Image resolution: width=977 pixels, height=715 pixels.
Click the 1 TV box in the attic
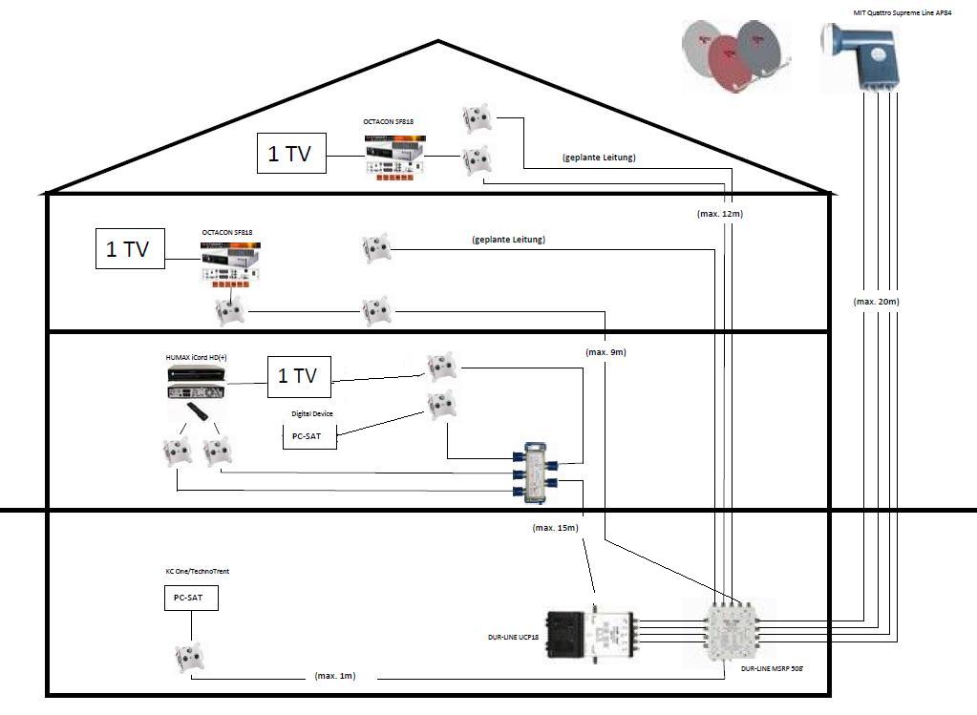point(291,154)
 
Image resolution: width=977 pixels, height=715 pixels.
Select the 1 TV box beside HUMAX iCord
point(298,376)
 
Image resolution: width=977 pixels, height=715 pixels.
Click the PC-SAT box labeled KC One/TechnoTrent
point(189,599)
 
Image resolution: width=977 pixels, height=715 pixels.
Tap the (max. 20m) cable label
point(876,302)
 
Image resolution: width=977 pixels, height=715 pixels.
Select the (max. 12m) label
point(719,214)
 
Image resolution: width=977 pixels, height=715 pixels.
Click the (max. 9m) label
point(605,352)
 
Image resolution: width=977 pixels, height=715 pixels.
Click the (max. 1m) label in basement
point(335,676)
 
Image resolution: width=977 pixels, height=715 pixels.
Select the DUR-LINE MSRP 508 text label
point(771,670)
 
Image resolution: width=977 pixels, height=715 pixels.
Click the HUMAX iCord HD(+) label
point(197,357)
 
